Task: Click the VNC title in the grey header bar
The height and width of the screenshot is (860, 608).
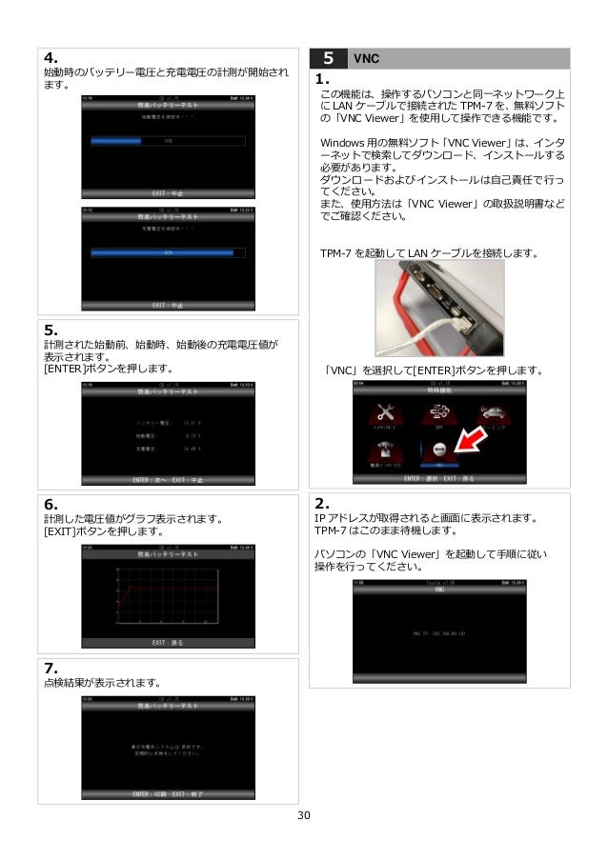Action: tap(366, 57)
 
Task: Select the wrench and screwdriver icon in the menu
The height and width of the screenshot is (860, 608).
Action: tap(385, 412)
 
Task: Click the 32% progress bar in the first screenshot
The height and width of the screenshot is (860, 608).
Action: tap(167, 140)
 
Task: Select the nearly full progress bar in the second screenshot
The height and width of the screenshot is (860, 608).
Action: tap(167, 253)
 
